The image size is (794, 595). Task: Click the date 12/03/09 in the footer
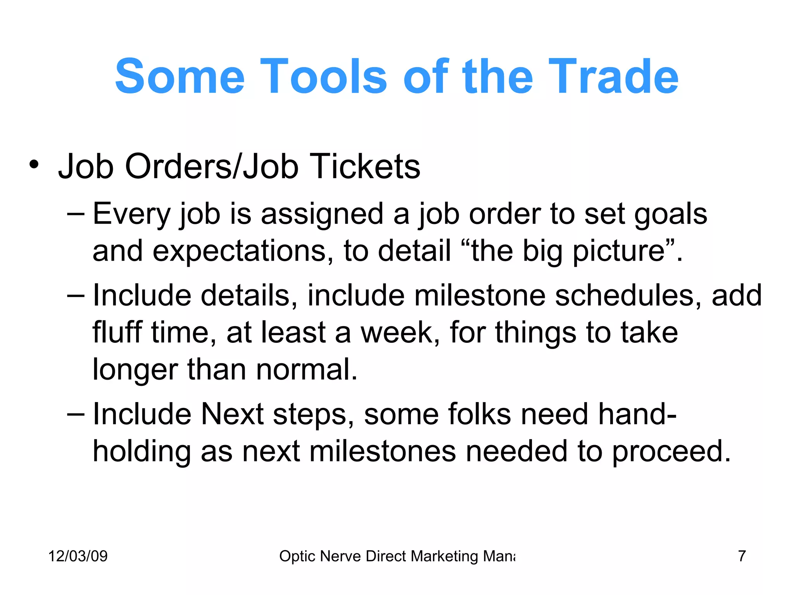tap(78, 556)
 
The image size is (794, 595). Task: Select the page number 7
tap(742, 556)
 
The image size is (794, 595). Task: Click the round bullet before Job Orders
tap(34, 164)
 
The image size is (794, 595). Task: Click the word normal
tap(306, 370)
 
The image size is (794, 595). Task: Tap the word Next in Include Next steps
tap(232, 414)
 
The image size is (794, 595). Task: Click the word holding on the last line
tap(142, 452)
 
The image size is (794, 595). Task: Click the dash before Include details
tap(75, 296)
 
